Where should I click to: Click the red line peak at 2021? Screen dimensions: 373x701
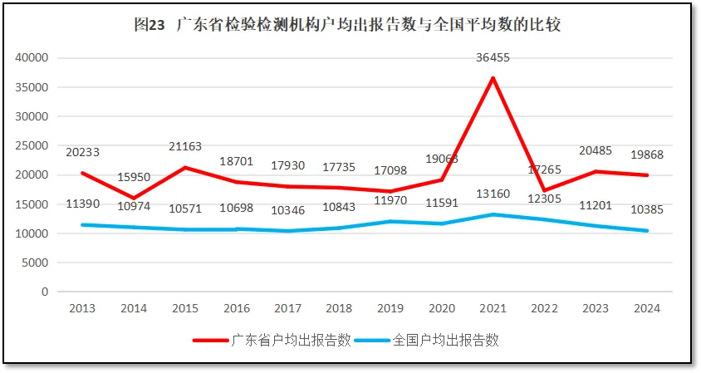coord(493,78)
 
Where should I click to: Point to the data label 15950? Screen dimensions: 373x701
coord(134,177)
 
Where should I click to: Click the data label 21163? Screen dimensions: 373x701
coord(185,147)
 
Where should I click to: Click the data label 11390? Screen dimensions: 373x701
coord(82,204)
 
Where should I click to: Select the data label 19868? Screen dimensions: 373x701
coord(646,155)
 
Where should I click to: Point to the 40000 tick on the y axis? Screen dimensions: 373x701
coord(32,58)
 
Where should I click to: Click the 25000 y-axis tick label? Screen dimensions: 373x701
coord(32,145)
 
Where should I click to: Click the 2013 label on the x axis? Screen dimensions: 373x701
coord(82,308)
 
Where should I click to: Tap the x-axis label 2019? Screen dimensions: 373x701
coord(390,308)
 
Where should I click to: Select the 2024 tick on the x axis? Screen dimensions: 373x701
coord(646,308)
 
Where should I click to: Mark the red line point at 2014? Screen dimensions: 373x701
coord(134,199)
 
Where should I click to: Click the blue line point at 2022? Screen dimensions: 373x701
coord(544,219)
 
